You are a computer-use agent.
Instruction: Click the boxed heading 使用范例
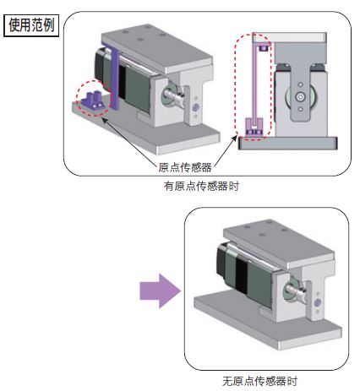[31, 25]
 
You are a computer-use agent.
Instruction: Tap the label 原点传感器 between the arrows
[185, 167]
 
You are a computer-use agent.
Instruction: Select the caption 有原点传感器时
[201, 186]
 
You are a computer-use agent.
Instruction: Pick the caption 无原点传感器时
[259, 381]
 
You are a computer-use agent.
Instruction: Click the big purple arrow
[161, 291]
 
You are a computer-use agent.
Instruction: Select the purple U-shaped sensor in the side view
[254, 128]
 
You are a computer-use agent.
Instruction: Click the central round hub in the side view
[300, 97]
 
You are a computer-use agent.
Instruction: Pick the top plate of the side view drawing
[290, 37]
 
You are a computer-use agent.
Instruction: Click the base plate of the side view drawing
[288, 143]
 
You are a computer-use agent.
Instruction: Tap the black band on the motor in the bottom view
[241, 275]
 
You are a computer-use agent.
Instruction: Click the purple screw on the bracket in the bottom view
[318, 303]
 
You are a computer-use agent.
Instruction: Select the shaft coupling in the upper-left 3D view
[173, 95]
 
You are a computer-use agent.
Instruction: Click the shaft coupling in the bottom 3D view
[295, 291]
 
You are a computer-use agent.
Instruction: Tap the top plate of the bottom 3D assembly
[279, 243]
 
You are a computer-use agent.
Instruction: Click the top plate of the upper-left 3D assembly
[157, 48]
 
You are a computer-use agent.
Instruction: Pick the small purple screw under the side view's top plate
[264, 48]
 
